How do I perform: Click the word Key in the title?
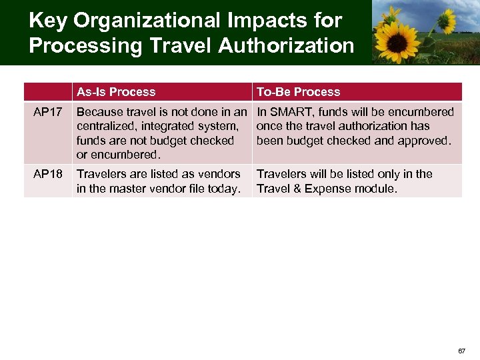tap(48, 21)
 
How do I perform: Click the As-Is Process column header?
tap(116, 92)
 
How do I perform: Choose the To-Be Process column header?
tap(298, 92)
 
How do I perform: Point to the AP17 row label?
tap(48, 112)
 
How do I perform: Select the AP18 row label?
tap(48, 174)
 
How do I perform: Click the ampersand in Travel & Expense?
tap(298, 189)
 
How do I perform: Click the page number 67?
tap(461, 351)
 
